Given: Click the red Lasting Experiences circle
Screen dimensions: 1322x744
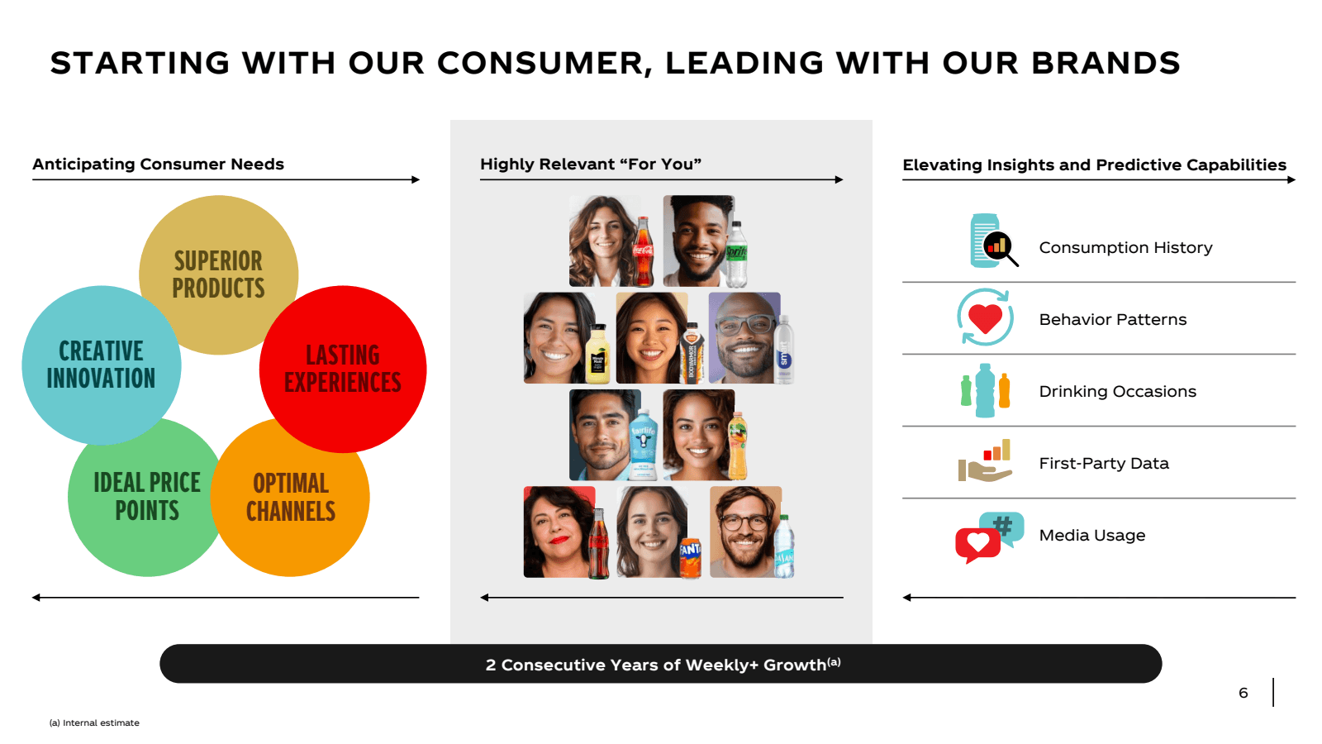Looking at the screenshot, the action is click(343, 369).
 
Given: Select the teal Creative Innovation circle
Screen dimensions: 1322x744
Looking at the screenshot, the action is click(102, 365).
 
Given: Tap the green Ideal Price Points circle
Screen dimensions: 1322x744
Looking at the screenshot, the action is click(147, 497).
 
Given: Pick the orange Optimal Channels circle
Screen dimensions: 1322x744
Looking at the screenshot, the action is click(290, 497).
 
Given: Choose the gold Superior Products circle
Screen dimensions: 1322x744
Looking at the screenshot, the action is click(218, 275).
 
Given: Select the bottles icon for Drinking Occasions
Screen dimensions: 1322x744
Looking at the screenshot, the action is click(985, 390).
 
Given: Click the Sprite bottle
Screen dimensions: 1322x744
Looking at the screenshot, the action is click(736, 255).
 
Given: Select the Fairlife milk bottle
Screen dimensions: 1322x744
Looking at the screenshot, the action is click(644, 444).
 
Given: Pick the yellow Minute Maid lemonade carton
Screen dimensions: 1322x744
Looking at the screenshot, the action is click(597, 354).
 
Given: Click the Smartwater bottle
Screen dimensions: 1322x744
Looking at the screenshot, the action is click(783, 350).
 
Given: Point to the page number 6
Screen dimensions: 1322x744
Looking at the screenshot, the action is click(1243, 693).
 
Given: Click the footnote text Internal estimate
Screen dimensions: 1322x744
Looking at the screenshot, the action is click(101, 723).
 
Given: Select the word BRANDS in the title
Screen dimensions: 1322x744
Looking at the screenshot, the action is click(1106, 63).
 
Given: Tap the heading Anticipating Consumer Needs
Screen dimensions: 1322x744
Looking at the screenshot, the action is click(158, 165).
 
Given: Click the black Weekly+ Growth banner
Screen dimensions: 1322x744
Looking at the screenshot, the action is click(661, 664).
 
